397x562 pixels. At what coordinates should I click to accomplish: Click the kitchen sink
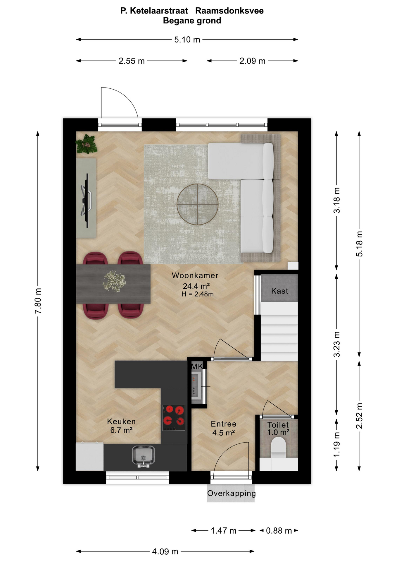pos(143,456)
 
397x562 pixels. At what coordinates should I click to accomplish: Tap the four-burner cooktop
pos(174,418)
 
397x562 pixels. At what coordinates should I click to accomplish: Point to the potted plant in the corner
pos(86,144)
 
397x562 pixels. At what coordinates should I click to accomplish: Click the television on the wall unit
pos(86,200)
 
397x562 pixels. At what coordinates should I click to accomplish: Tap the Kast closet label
pos(279,291)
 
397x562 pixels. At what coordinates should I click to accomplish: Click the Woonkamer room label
pos(195,275)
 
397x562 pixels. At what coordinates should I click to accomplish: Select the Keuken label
pos(121,421)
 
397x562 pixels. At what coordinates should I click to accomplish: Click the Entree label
pos(224,424)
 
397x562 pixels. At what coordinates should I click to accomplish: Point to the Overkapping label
pos(232,493)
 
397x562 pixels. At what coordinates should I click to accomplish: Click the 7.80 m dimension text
pos(38,301)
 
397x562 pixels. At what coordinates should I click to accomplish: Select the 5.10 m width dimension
pos(187,40)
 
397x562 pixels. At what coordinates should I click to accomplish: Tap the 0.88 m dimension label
pos(279,531)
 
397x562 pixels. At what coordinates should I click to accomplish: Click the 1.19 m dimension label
pos(336,444)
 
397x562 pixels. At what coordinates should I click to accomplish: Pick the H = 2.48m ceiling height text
pos(198,294)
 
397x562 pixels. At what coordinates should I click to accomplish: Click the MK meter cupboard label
pos(197,366)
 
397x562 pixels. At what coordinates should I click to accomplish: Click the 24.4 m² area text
pos(196,286)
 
